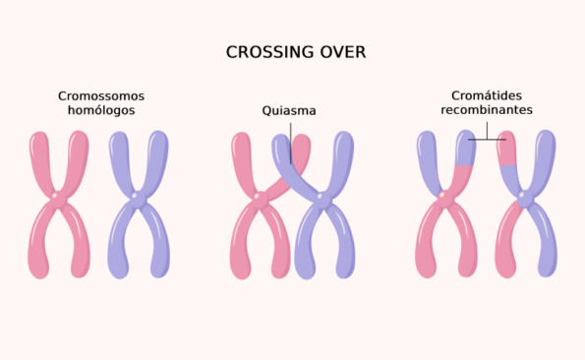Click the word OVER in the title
click(340, 52)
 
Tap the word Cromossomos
click(101, 95)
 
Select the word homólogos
click(101, 110)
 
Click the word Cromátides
click(487, 95)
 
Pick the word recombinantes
click(487, 110)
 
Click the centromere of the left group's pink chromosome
click(58, 200)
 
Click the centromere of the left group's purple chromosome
click(139, 200)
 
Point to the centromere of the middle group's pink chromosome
click(259, 198)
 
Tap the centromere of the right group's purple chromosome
click(526, 200)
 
